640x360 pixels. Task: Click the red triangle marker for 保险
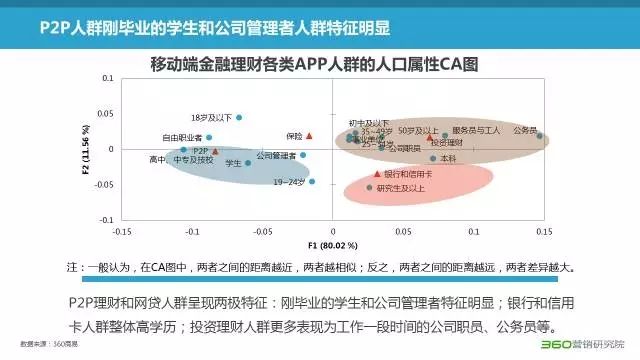(309, 135)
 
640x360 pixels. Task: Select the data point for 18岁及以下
(239, 118)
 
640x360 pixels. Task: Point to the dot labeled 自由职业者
(210, 137)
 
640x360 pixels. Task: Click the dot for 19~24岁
(312, 182)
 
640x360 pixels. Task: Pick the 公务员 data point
(540, 136)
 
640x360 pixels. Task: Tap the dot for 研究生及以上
(370, 187)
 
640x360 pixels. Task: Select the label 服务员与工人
(476, 130)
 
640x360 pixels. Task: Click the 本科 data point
(433, 158)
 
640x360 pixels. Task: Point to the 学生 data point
(248, 162)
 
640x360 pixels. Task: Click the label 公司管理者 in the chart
(275, 155)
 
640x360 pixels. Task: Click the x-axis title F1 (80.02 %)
(334, 244)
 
